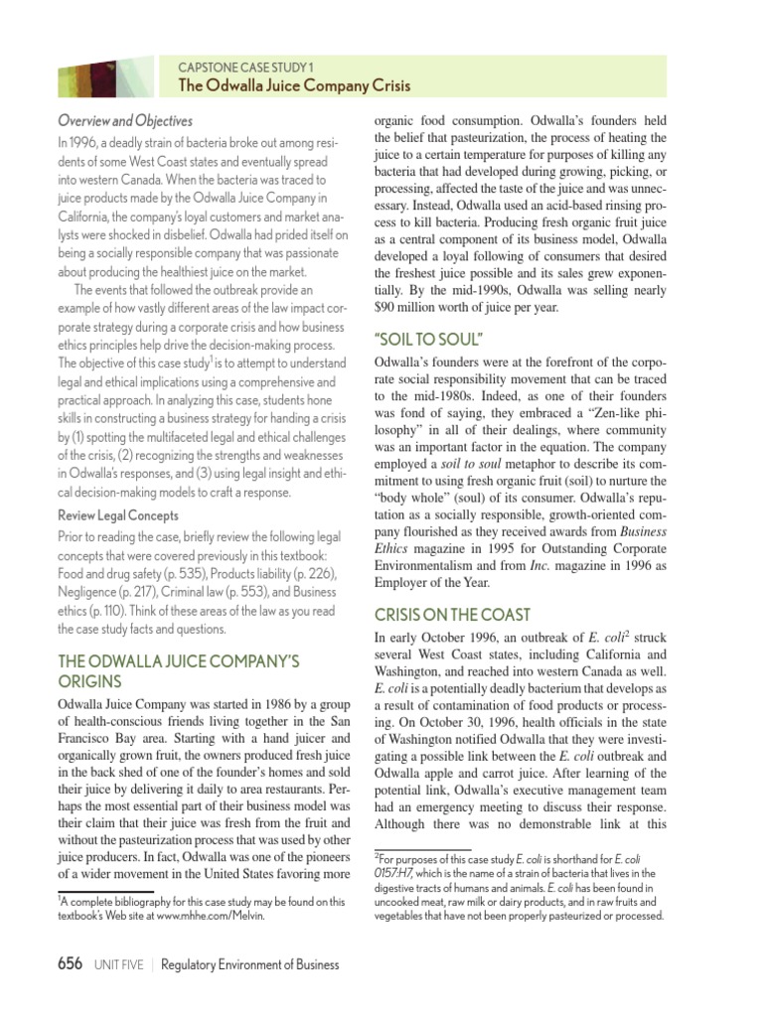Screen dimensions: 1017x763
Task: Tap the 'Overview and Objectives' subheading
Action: tap(124, 121)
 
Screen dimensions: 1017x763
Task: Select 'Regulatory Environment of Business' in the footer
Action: tap(249, 965)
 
